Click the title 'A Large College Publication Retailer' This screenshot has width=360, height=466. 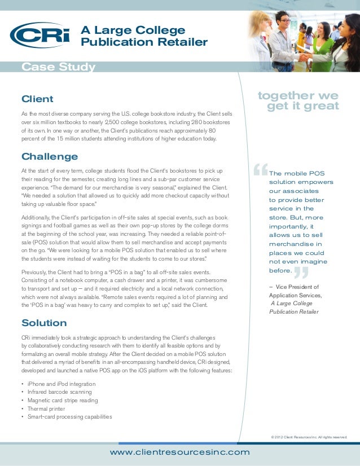[144, 36]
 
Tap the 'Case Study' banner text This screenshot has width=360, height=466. [58, 68]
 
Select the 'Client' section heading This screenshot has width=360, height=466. [37, 99]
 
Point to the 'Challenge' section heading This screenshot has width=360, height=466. [49, 156]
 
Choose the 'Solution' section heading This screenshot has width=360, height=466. [44, 323]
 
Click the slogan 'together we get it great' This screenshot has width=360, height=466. [298, 100]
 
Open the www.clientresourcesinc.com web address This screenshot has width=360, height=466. [179, 452]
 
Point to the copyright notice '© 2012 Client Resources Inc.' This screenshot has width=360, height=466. [309, 437]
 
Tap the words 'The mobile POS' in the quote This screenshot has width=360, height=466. [297, 173]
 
